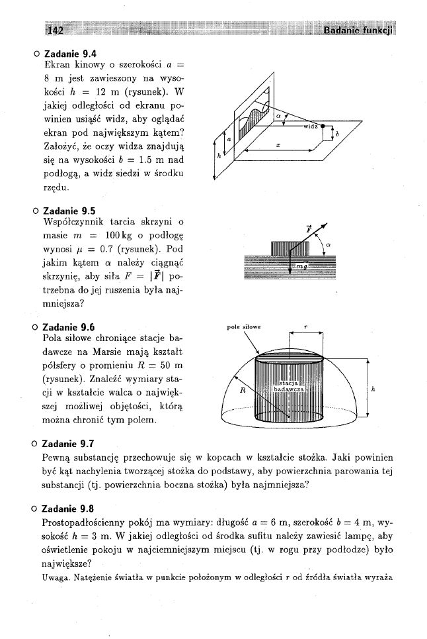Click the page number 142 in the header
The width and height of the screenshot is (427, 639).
(x=54, y=32)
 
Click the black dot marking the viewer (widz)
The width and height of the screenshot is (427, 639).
(x=323, y=125)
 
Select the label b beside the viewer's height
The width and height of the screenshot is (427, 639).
(x=338, y=134)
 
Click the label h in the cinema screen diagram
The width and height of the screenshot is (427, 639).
(x=219, y=156)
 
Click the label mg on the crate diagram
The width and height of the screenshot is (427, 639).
(x=300, y=266)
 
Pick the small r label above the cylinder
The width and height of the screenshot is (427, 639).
(x=305, y=326)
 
